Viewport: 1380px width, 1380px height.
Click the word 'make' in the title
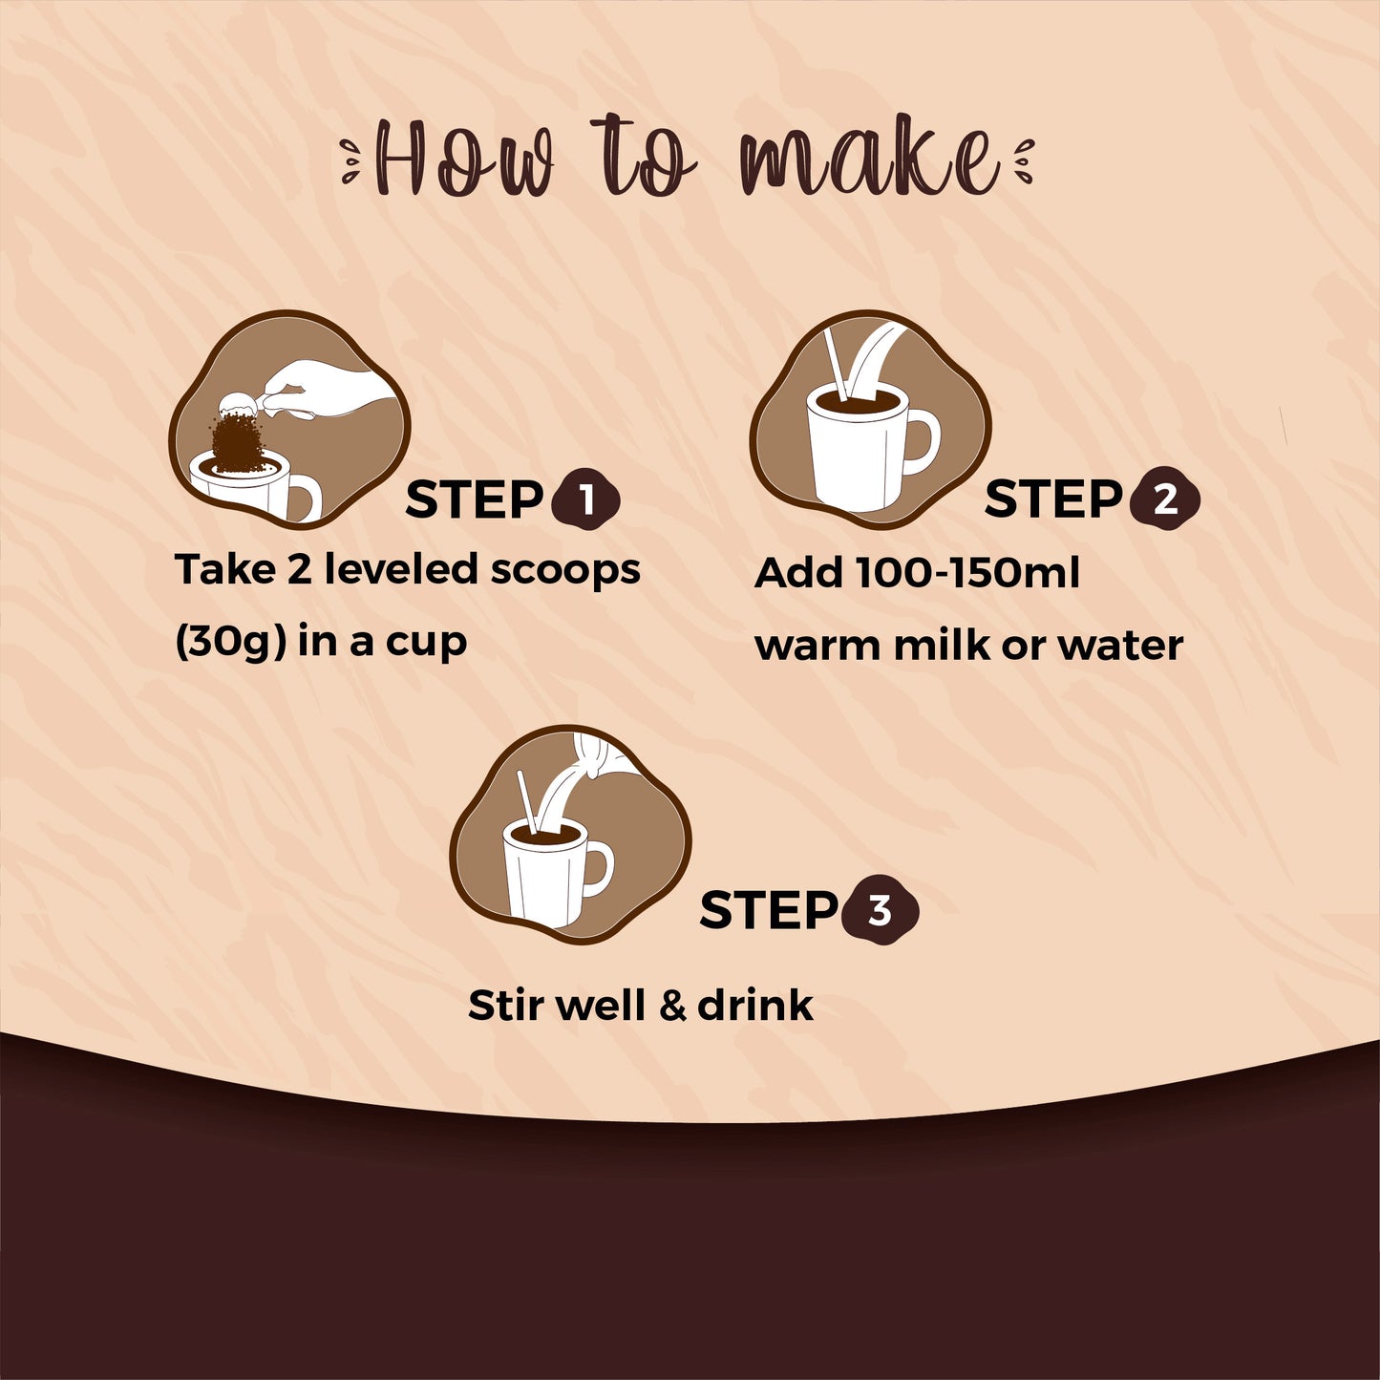coord(870,159)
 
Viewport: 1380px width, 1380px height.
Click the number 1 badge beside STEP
coord(585,500)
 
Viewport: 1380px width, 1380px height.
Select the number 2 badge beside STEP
coord(1164,500)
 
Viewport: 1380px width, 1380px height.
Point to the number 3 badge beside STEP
coord(880,910)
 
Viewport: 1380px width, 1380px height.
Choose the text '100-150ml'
coord(967,574)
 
